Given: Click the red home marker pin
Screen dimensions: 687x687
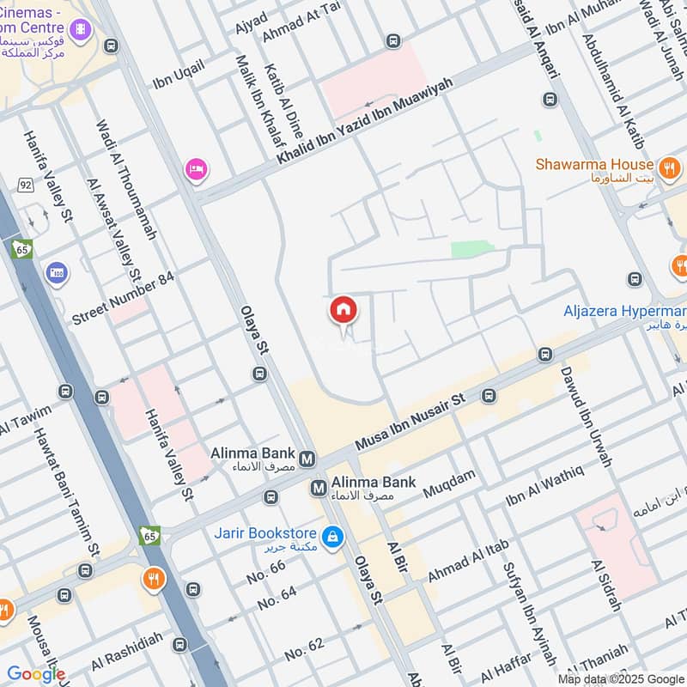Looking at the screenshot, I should point(343,311).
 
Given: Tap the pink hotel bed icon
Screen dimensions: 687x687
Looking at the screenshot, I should point(196,168).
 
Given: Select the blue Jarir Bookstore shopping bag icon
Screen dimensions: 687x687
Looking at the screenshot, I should point(334,539).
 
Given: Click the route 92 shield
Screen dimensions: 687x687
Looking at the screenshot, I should point(27,185).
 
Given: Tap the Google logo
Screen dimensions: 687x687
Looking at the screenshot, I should point(36,674).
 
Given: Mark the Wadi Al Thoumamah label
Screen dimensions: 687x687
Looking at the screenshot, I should point(127,179).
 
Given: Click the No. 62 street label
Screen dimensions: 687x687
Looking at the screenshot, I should point(305,649).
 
